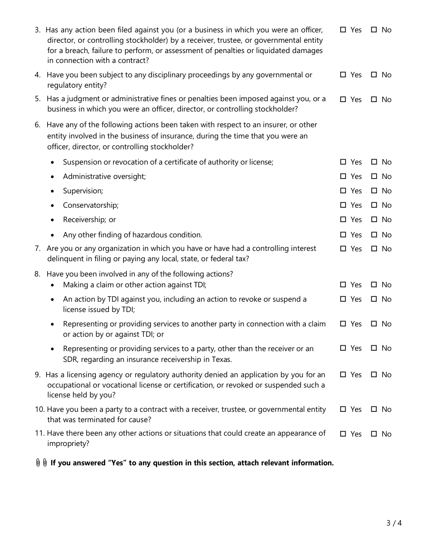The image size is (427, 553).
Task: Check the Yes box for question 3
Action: click(x=343, y=30)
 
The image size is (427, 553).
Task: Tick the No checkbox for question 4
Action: click(x=374, y=75)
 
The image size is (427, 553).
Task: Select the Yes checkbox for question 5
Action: click(x=343, y=99)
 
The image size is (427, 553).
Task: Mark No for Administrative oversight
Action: click(x=374, y=176)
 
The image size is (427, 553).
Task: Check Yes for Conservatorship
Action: click(x=343, y=205)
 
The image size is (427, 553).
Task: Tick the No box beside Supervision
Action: click(x=374, y=191)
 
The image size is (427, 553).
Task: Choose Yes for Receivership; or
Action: click(x=343, y=219)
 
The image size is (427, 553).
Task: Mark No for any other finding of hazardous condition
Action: click(x=374, y=235)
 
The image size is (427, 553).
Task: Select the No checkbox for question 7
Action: click(x=374, y=249)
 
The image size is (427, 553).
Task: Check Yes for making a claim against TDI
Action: click(x=343, y=285)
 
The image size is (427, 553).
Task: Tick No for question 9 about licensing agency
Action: click(x=374, y=375)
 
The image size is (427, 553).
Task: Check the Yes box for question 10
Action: click(x=343, y=409)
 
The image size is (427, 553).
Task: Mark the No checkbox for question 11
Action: click(x=374, y=434)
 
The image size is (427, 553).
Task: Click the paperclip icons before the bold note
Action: click(x=41, y=463)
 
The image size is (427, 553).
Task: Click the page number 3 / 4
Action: click(x=394, y=523)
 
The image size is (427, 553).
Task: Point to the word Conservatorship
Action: click(x=90, y=205)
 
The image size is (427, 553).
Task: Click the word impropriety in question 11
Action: click(x=68, y=444)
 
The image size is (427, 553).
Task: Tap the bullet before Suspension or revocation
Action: click(x=53, y=162)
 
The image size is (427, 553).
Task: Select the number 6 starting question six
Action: click(x=37, y=125)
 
